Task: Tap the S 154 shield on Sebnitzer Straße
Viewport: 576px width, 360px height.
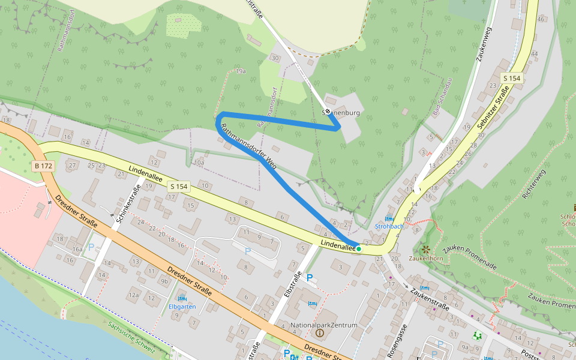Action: click(512, 79)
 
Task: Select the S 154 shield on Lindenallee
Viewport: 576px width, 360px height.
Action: click(178, 187)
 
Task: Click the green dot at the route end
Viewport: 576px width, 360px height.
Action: click(359, 248)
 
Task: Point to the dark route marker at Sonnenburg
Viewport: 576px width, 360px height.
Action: click(329, 112)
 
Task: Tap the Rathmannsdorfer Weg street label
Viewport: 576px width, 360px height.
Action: click(248, 146)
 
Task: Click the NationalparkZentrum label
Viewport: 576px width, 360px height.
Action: click(323, 325)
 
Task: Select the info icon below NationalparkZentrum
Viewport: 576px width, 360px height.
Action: click(319, 333)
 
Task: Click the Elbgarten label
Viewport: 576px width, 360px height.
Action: click(182, 307)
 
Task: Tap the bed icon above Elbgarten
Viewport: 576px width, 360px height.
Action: click(182, 298)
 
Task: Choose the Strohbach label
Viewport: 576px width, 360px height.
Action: click(389, 226)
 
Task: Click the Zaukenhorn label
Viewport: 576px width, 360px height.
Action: click(425, 258)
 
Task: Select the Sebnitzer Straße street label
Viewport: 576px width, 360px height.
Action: click(493, 108)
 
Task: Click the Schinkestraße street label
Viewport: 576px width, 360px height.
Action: click(128, 203)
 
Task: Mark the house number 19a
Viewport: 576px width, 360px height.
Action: click(241, 71)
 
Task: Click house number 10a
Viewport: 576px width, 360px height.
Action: click(199, 163)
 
